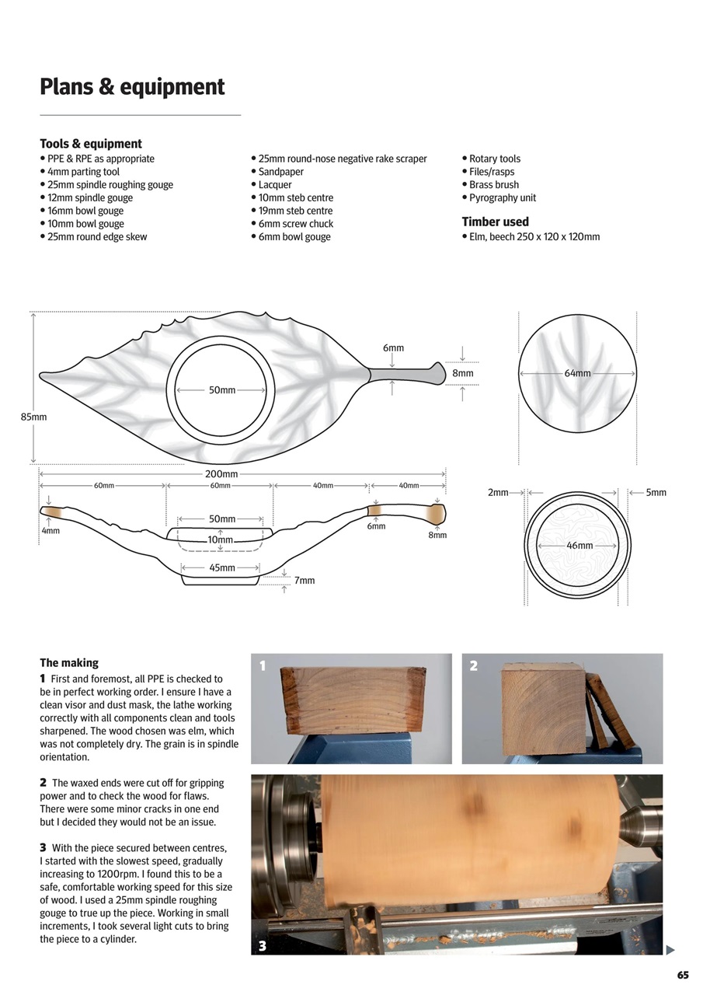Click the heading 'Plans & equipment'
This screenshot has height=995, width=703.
132,86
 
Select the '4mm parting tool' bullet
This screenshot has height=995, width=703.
83,172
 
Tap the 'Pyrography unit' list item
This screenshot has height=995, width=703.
502,197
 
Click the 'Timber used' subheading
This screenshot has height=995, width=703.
495,222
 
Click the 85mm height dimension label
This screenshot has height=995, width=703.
33,417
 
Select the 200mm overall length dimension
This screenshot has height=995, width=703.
221,474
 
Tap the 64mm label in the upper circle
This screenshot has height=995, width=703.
577,373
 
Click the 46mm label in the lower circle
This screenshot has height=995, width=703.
579,546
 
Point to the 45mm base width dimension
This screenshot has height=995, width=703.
222,567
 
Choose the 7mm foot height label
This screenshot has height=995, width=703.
305,581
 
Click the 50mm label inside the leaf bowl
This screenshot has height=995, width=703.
222,390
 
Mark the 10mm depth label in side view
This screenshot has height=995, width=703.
220,539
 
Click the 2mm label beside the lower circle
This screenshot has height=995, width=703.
498,492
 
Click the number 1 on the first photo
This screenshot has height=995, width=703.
263,665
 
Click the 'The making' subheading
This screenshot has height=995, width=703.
69,663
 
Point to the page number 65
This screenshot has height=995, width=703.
682,976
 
